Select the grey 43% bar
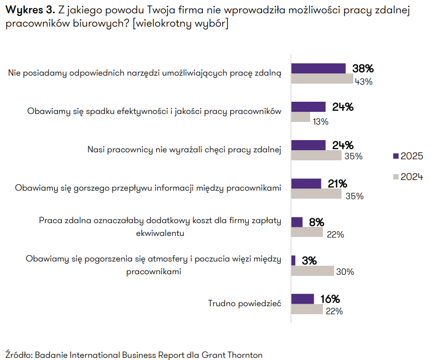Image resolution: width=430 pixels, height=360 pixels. pyautogui.click(x=322, y=79)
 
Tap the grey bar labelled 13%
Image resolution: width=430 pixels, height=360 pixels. pyautogui.click(x=301, y=117)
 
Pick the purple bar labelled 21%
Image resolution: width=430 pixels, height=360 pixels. pyautogui.click(x=306, y=183)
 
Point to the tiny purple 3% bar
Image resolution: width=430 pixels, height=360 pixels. pyautogui.click(x=293, y=260)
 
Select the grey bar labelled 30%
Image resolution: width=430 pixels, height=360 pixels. pyautogui.click(x=313, y=271)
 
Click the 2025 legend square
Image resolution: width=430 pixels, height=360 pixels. pyautogui.click(x=395, y=156)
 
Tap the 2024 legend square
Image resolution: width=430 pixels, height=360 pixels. pyautogui.click(x=395, y=177)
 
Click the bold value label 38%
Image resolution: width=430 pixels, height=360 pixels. pyautogui.click(x=363, y=68)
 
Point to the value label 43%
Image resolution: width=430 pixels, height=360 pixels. pyautogui.click(x=364, y=81)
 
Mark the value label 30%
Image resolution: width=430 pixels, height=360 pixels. pyautogui.click(x=345, y=272)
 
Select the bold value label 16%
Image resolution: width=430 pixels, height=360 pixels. pyautogui.click(x=330, y=299)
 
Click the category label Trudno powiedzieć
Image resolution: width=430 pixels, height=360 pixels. pyautogui.click(x=244, y=304)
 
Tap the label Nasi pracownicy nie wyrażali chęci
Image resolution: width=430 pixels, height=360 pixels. pyautogui.click(x=184, y=150)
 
